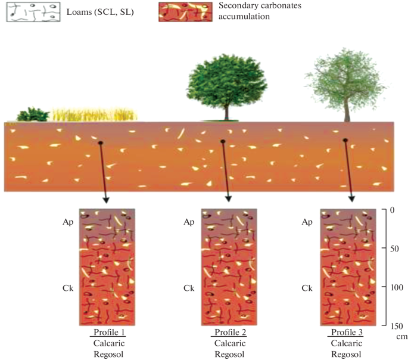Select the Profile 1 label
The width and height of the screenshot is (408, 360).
[x=109, y=331]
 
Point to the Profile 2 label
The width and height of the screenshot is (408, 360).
[x=229, y=331]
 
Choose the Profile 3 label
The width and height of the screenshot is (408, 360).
[x=348, y=331]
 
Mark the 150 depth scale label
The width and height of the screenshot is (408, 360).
[x=394, y=326]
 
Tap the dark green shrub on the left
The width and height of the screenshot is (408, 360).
[x=34, y=114]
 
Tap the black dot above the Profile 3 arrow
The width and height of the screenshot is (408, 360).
[x=345, y=141]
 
